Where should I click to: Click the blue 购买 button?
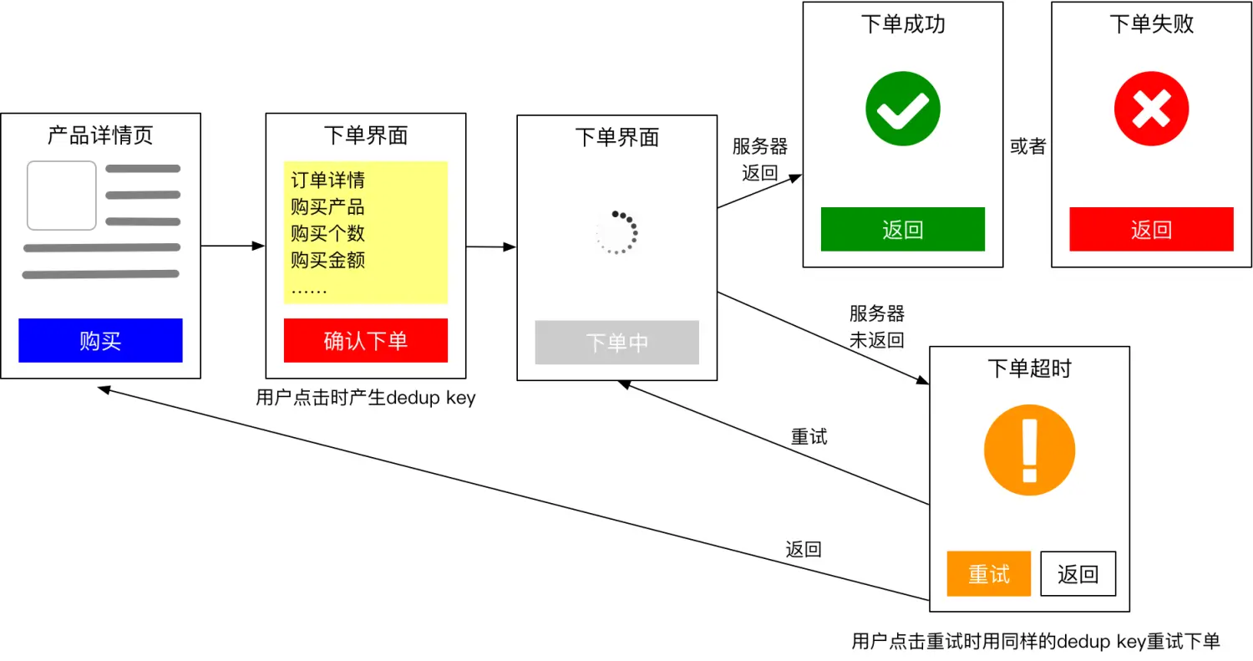[100, 340]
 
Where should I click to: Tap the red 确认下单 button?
[365, 340]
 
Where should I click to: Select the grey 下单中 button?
[616, 343]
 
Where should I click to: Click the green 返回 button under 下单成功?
[902, 229]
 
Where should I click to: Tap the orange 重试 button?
[988, 573]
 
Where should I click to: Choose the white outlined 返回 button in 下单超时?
[1078, 573]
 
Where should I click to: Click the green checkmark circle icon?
[902, 109]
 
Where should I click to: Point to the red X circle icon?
[1151, 109]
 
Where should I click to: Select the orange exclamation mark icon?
[1029, 452]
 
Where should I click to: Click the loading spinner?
[616, 232]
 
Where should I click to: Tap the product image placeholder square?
[62, 196]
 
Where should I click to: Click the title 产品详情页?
[100, 135]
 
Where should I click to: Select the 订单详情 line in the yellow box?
[327, 180]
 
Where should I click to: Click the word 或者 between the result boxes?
[1027, 146]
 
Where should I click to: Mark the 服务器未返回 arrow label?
[876, 327]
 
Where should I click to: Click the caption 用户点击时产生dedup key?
[365, 398]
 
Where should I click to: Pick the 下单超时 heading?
[1029, 369]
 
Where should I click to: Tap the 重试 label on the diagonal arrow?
[809, 436]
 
